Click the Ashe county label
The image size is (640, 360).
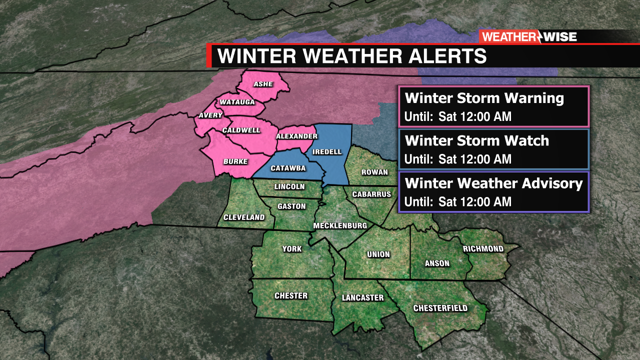(263, 84)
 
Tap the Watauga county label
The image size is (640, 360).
(237, 102)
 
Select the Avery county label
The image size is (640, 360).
(210, 115)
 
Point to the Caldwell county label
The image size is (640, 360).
(241, 130)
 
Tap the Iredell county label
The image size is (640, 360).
(327, 151)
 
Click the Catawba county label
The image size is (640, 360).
(288, 168)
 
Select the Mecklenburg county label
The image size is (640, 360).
(340, 225)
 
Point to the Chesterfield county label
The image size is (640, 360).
(440, 308)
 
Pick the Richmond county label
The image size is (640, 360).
(483, 248)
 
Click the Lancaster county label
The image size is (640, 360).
(362, 297)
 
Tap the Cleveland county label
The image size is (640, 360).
(244, 217)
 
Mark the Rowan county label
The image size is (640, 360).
(374, 172)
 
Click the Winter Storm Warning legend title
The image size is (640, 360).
(484, 98)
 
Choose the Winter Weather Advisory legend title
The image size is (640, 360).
(493, 183)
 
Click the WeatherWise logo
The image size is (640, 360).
(529, 36)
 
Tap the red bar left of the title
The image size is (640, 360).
(209, 56)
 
